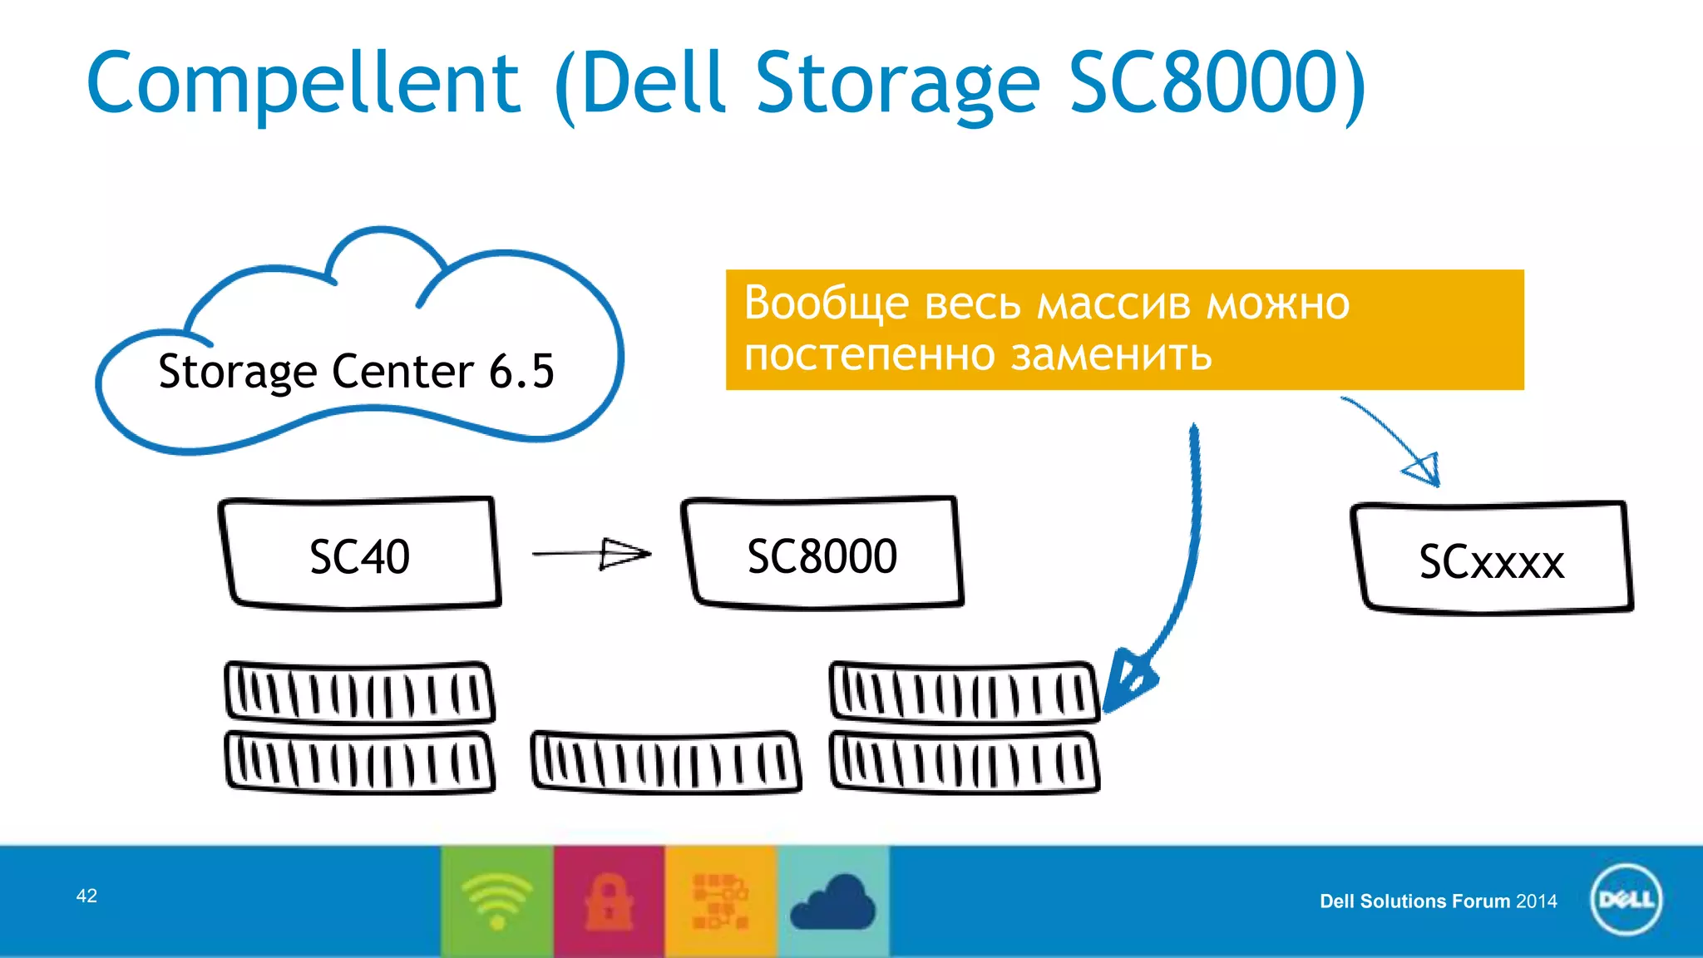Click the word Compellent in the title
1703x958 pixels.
[304, 83]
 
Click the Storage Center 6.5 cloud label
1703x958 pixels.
[356, 371]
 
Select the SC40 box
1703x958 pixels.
[359, 555]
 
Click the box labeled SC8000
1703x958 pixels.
[822, 555]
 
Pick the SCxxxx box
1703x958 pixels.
[1491, 560]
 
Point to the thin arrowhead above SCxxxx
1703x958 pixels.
[1424, 470]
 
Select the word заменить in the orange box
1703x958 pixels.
[1111, 355]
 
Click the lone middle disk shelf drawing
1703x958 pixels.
[665, 762]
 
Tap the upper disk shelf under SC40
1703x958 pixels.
[359, 692]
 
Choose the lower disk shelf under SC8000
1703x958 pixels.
[965, 762]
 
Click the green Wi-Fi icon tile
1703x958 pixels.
[497, 901]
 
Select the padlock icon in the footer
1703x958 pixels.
[609, 901]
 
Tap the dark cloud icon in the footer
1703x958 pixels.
[832, 902]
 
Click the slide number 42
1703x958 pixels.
[86, 896]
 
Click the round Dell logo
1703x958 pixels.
[1626, 900]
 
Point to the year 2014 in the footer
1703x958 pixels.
[1536, 901]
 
